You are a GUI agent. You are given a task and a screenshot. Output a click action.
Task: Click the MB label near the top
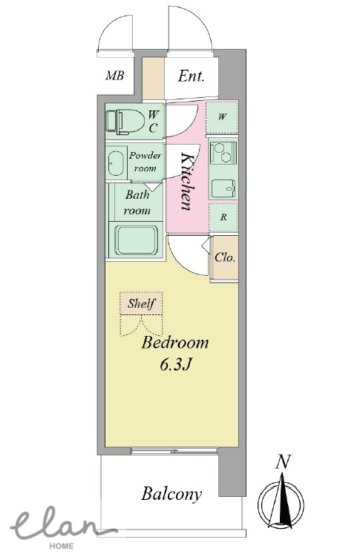point(114,75)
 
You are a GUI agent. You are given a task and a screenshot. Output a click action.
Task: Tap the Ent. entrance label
point(191,76)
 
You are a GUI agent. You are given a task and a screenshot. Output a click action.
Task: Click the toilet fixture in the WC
point(125,122)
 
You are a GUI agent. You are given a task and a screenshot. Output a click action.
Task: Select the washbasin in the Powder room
point(115,163)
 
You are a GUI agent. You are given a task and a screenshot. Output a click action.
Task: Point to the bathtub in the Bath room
point(136,240)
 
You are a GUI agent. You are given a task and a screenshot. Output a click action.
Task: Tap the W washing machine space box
point(222,117)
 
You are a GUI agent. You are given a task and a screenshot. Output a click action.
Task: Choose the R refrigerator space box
point(223,217)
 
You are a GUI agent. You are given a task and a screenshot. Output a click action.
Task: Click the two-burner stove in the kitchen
point(223,152)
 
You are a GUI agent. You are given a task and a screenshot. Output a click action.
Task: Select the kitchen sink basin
point(223,189)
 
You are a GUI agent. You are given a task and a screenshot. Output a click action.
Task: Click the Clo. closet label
point(225,257)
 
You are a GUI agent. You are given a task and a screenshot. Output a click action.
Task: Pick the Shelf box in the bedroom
point(141,303)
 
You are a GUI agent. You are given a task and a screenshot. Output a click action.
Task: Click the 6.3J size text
point(176,365)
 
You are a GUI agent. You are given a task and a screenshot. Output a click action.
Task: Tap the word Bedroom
point(174,343)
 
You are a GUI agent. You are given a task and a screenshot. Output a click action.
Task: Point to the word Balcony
point(171,494)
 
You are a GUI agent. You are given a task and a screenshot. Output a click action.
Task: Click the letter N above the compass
point(283,462)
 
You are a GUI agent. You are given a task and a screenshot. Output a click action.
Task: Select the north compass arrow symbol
point(281,503)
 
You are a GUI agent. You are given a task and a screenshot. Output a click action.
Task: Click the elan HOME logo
point(60,528)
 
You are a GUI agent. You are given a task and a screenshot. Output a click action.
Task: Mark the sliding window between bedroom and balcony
point(174,451)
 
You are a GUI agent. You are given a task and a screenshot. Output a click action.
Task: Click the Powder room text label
point(145,162)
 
